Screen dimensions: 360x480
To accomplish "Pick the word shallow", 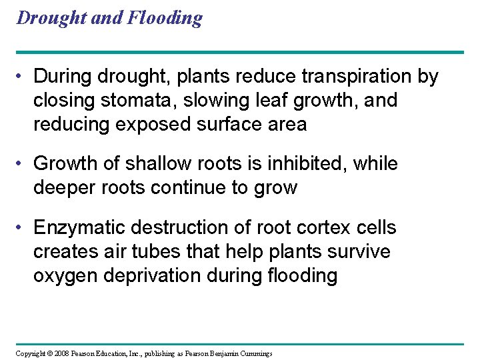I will click(x=151, y=163).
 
